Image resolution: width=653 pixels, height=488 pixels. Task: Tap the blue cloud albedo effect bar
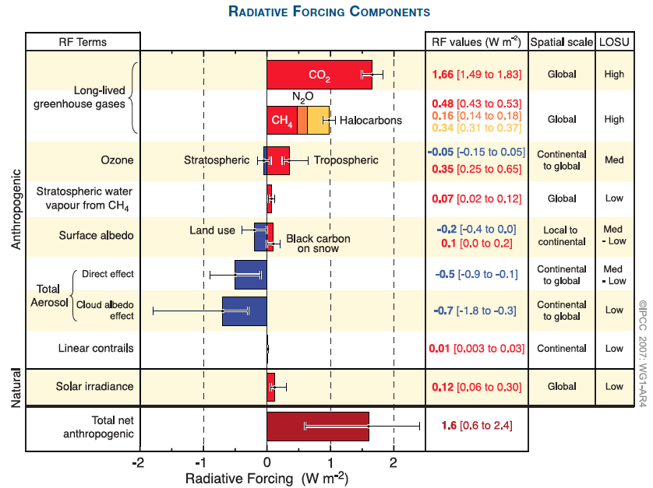tap(245, 311)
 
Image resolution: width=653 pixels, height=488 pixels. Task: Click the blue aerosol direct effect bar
tap(251, 274)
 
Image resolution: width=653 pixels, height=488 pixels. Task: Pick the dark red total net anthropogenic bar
tap(317, 426)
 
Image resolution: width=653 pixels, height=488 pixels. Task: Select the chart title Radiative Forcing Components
tap(329, 12)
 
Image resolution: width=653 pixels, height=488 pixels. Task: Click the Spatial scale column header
tap(561, 41)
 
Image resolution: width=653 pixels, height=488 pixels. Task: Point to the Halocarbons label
tap(371, 121)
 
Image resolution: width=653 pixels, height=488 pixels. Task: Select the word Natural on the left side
tap(16, 387)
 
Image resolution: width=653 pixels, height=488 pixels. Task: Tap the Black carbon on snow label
tap(318, 244)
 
